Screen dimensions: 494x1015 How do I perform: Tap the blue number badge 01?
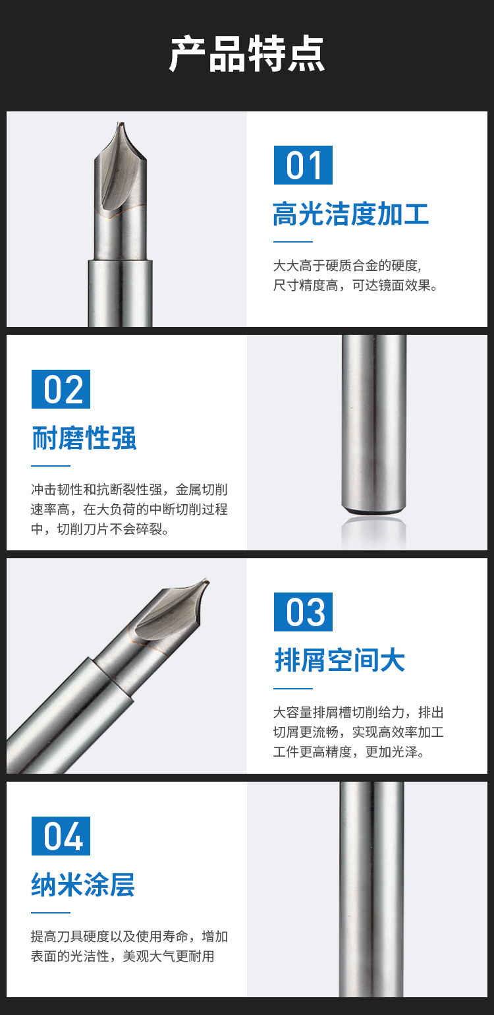pos(303,165)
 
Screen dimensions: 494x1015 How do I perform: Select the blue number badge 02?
pos(61,389)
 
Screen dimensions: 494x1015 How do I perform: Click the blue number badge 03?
pos(303,612)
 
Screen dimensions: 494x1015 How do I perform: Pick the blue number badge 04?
pos(61,836)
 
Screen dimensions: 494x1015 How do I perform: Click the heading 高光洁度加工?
pos(351,214)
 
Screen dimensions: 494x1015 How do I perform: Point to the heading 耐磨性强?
pos(84,438)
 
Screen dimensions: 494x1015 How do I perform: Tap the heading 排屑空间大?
pos(340,660)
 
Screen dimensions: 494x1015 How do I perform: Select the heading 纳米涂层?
pos(83,884)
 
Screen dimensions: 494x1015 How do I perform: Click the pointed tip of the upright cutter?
pos(121,123)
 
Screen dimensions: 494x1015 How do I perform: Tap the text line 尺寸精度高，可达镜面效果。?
pos(356,285)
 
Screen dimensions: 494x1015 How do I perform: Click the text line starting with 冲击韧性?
pos(129,489)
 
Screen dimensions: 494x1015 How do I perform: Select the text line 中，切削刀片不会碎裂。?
pos(100,529)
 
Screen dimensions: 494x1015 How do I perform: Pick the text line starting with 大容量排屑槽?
pos(358,712)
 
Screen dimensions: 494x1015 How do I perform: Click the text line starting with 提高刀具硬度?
pos(129,936)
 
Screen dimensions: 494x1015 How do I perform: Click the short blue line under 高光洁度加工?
pos(293,242)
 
